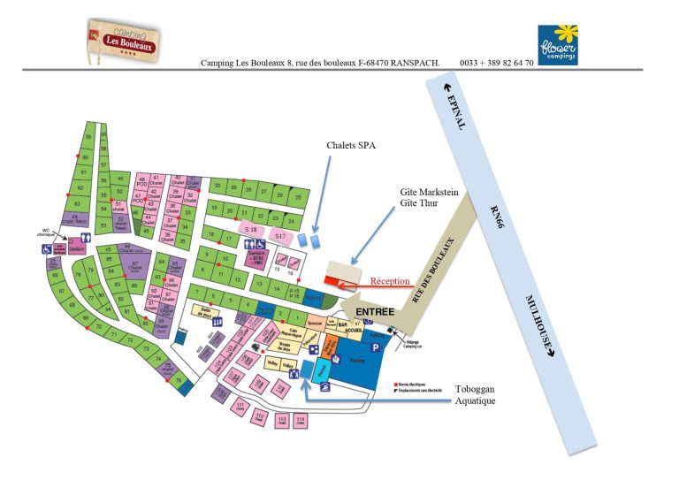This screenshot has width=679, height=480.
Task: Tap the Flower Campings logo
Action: (557, 43)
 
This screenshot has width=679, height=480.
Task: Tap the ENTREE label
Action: (375, 312)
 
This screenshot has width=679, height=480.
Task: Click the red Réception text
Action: (390, 281)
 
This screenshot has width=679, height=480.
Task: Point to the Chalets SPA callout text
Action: (350, 147)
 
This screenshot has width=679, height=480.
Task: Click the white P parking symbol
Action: (374, 348)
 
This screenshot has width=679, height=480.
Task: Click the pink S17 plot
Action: (279, 236)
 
